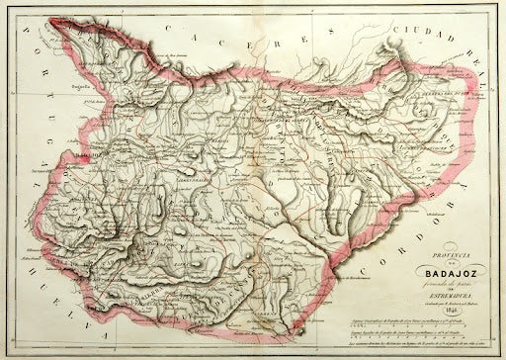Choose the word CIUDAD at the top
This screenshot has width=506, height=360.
(410, 23)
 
